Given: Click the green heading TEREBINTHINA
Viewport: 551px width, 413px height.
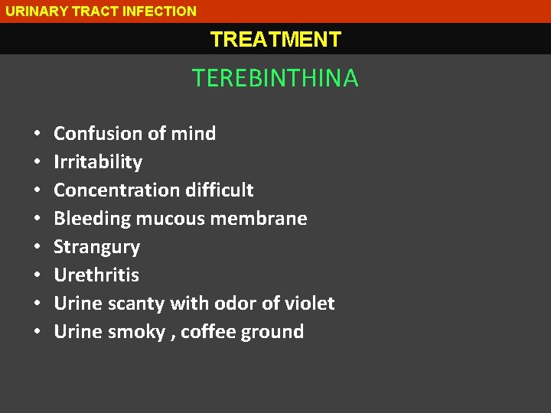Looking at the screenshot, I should coord(275,78).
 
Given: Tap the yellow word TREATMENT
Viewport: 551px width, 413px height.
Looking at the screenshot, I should coord(275,39).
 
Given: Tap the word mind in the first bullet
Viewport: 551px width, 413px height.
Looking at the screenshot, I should coord(193,134).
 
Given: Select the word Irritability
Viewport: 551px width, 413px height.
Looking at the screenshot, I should coord(98,162).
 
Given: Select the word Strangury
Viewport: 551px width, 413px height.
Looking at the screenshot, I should coord(97,247).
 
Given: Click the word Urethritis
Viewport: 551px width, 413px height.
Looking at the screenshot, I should coord(96,275).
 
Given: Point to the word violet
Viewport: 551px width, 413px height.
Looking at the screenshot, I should coord(311,304).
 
